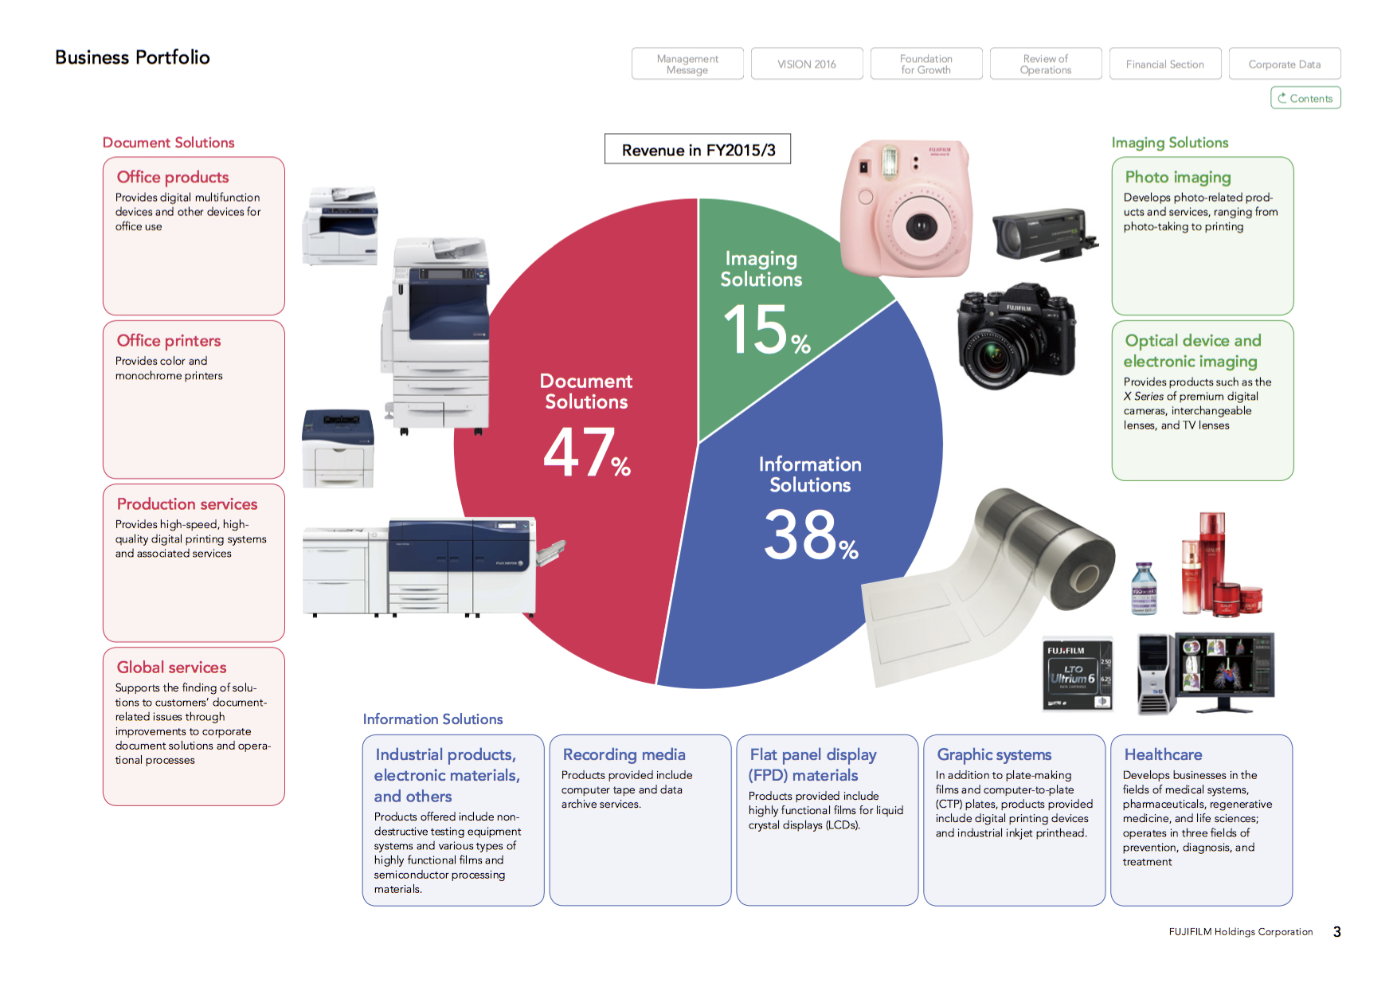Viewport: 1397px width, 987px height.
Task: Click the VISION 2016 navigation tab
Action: [x=807, y=64]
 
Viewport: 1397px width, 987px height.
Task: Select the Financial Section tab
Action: [x=1164, y=64]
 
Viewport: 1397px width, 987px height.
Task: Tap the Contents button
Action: [x=1305, y=98]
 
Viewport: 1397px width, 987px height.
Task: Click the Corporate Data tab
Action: [x=1284, y=64]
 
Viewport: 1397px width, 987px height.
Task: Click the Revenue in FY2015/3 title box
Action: [x=698, y=150]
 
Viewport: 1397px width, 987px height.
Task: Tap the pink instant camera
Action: [x=906, y=209]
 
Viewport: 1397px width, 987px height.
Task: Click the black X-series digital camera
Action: [x=1016, y=335]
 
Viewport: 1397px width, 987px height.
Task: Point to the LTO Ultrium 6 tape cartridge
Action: [x=1078, y=674]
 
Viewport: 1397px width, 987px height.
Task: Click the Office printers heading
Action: [x=169, y=341]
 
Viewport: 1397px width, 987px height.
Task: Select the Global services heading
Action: [x=171, y=668]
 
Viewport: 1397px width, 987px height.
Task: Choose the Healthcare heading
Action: [x=1163, y=754]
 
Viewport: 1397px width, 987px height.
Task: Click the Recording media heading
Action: [x=624, y=754]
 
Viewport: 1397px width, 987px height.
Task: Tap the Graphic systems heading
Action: [x=994, y=754]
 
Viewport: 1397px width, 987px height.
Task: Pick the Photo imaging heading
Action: [x=1178, y=177]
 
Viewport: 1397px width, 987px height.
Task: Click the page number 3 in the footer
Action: [x=1337, y=932]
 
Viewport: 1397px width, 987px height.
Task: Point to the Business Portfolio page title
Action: [x=132, y=57]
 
